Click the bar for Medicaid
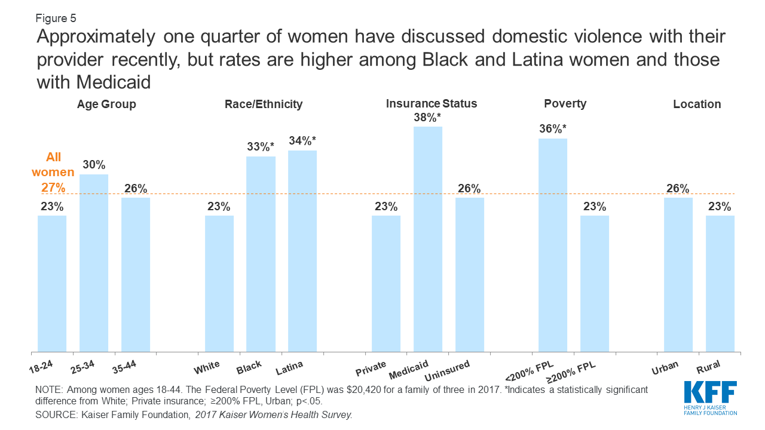pyautogui.click(x=428, y=239)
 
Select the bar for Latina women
pyautogui.click(x=302, y=251)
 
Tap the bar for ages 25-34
pyautogui.click(x=94, y=263)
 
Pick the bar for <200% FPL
pyautogui.click(x=553, y=245)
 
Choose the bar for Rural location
pyautogui.click(x=720, y=284)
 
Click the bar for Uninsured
pyautogui.click(x=470, y=275)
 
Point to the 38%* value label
pyautogui.click(x=428, y=118)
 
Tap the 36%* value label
pyautogui.click(x=553, y=130)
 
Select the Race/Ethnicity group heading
pyautogui.click(x=264, y=105)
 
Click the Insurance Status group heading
pyautogui.click(x=432, y=104)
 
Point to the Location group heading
pyautogui.click(x=697, y=105)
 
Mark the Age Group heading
pyautogui.click(x=106, y=105)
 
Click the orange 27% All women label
pyautogui.click(x=53, y=187)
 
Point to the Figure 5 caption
pyautogui.click(x=56, y=18)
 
